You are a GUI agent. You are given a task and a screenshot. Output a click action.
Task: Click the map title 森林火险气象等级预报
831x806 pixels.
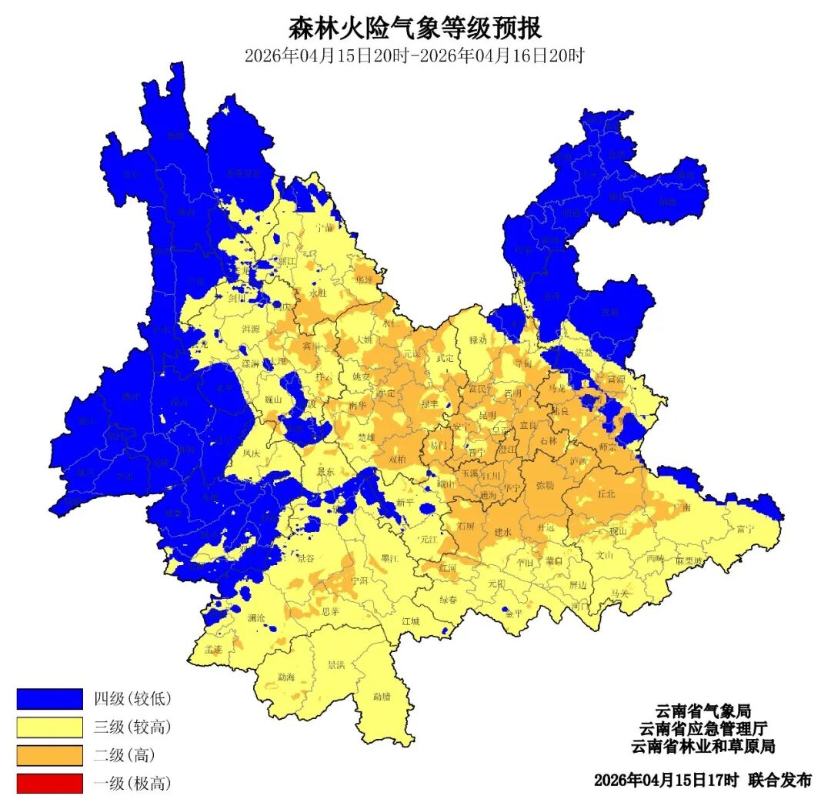click(415, 28)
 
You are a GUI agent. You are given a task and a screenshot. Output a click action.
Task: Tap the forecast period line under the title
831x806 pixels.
click(415, 56)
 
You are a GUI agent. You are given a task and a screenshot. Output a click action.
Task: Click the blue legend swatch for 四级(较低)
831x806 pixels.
click(49, 698)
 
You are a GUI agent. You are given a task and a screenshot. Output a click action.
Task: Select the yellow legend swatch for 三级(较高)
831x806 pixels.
click(49, 727)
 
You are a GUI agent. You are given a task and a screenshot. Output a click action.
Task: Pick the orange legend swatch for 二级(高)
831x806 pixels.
click(49, 755)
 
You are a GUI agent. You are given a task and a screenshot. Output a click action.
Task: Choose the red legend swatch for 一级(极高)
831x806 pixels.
click(49, 784)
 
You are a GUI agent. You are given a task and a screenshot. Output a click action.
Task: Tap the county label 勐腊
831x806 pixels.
click(382, 696)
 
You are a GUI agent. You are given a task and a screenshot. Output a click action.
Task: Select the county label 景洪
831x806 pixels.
click(336, 664)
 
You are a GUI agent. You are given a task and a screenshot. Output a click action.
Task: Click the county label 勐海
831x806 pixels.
click(286, 677)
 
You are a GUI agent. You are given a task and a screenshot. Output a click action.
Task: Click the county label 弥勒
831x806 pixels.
click(545, 486)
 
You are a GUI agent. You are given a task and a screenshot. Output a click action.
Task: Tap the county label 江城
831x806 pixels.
click(411, 620)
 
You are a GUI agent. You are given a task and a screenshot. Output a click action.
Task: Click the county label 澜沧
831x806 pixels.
click(258, 618)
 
